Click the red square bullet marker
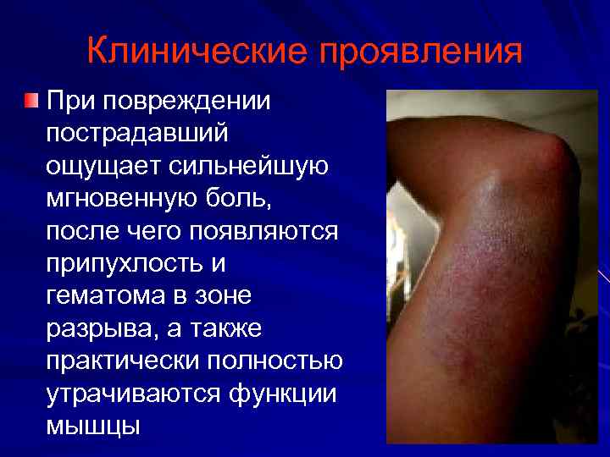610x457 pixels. pyautogui.click(x=30, y=102)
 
